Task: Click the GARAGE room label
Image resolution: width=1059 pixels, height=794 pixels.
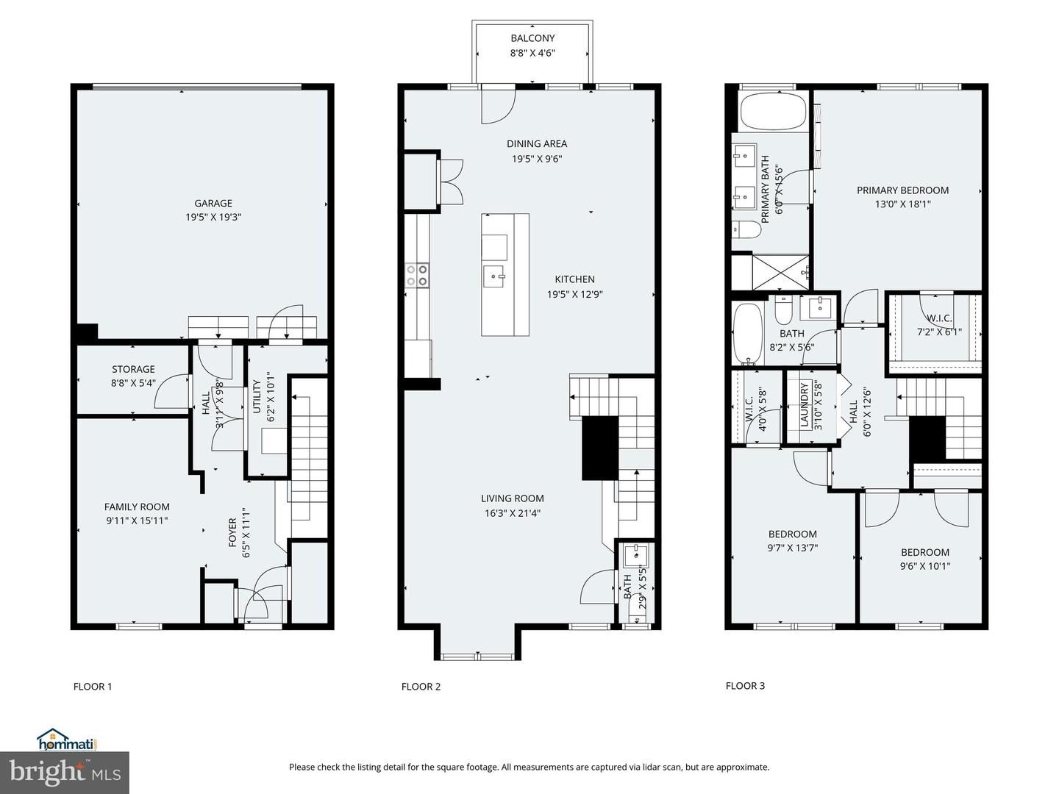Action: (x=213, y=204)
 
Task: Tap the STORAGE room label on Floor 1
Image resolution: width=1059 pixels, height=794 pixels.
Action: (x=133, y=369)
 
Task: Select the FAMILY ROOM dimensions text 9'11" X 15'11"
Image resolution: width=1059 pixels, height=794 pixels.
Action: (x=137, y=521)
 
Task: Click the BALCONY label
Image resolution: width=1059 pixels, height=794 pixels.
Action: (x=532, y=38)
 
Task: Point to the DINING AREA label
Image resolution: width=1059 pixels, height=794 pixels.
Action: (x=537, y=143)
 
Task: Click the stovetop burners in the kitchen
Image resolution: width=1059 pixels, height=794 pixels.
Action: (x=417, y=275)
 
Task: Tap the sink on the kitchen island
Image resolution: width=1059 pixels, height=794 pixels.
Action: (x=494, y=276)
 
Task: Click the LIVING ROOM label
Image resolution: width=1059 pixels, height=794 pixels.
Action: (x=513, y=498)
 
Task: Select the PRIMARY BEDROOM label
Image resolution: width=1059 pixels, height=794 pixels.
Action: (x=902, y=190)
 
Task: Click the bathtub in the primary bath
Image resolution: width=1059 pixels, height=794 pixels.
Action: (x=773, y=112)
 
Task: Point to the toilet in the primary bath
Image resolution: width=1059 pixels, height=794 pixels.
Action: (x=746, y=229)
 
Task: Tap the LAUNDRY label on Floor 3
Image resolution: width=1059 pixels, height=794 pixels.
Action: (x=804, y=405)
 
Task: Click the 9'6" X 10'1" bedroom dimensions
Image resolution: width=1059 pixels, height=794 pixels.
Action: (x=925, y=566)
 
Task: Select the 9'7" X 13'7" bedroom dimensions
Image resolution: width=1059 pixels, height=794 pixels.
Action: (x=793, y=548)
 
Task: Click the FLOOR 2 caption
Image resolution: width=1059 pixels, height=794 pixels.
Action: (x=421, y=687)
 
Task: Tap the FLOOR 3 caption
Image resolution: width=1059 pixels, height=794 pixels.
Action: (x=745, y=685)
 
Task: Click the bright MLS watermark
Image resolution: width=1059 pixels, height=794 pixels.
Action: (x=65, y=772)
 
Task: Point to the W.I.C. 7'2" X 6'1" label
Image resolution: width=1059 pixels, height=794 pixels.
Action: (x=939, y=325)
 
